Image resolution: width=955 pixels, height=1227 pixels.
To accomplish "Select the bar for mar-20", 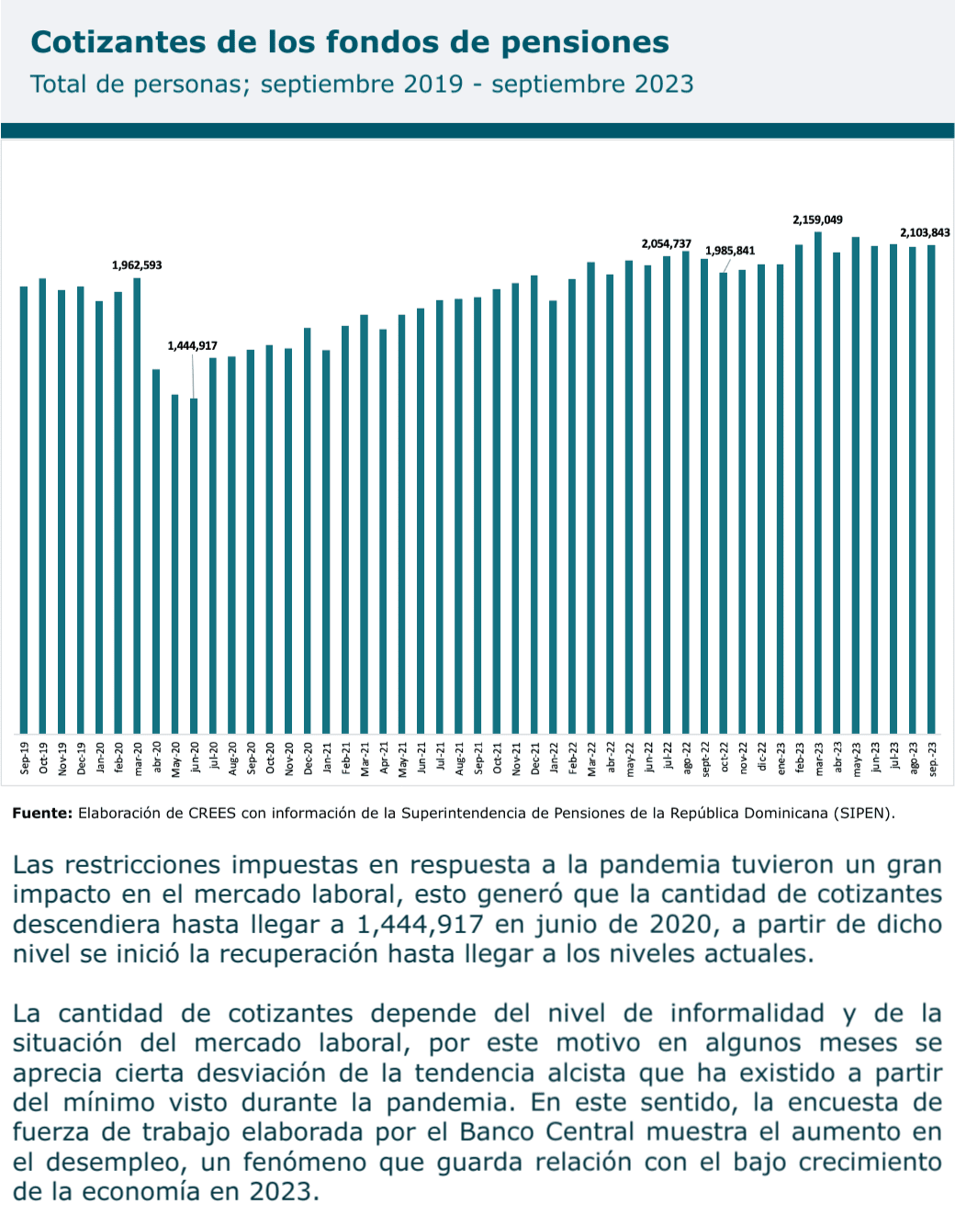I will (137, 505).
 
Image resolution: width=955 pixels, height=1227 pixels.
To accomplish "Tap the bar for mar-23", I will (817, 482).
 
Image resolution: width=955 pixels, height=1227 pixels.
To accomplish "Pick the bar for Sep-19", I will (24, 510).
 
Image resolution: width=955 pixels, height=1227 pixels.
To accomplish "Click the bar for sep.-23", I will (931, 488).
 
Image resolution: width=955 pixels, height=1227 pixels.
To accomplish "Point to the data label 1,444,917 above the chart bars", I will (192, 346).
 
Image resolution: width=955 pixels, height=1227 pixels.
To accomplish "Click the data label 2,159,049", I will (817, 220).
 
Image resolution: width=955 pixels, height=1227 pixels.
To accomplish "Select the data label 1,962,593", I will (137, 265).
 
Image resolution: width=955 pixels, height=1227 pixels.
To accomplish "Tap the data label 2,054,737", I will (666, 244).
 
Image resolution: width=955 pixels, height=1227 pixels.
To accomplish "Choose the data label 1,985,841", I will (730, 251).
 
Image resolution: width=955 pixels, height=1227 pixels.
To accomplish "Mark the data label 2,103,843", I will (925, 233).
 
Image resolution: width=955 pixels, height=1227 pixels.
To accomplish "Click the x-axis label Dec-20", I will (309, 760).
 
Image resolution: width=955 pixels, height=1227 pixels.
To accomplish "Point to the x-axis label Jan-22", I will (555, 760).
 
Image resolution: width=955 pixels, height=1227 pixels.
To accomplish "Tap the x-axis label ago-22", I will (687, 760).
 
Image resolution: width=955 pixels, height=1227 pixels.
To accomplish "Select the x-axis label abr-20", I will (157, 760).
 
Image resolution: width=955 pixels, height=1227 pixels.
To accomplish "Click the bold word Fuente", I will (41, 813).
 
